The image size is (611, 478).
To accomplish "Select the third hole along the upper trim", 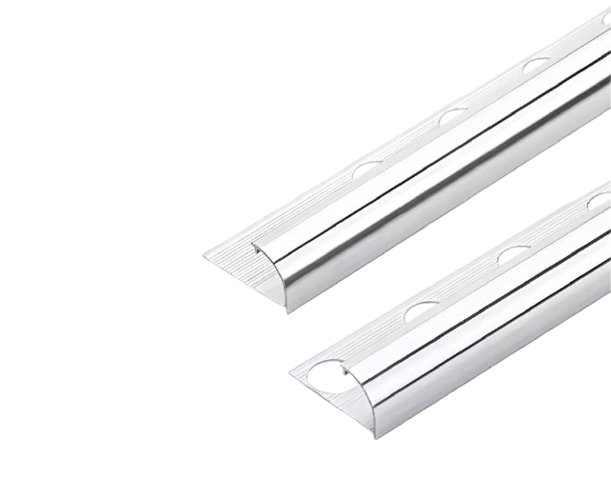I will click(536, 67).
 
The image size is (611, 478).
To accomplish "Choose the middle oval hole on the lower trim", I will click(515, 255).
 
